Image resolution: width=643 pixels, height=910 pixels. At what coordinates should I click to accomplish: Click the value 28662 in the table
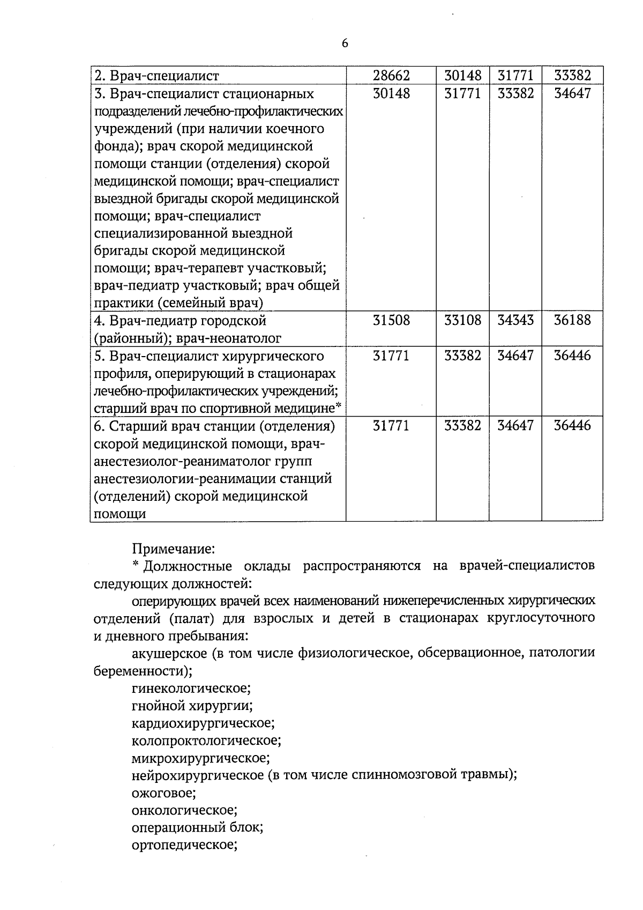click(391, 76)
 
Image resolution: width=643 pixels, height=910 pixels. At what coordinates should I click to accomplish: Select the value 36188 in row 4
click(572, 320)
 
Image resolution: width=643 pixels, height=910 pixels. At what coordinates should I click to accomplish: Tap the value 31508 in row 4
click(391, 320)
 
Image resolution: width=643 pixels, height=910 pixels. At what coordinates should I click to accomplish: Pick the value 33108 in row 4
click(462, 320)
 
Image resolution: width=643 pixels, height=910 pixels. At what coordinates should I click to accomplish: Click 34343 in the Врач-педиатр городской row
click(515, 320)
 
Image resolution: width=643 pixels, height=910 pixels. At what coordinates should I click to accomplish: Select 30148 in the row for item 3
click(391, 93)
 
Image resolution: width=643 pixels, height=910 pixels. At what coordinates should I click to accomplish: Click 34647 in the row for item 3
click(572, 93)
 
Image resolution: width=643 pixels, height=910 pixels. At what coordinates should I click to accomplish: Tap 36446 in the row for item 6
click(572, 426)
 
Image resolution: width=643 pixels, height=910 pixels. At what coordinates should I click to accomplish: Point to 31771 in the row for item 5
click(391, 356)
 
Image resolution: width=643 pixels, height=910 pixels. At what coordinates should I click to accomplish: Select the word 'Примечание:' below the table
click(173, 549)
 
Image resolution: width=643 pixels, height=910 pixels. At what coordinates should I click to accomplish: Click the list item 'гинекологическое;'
click(191, 688)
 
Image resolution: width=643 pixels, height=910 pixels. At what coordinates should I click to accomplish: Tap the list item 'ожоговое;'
click(163, 793)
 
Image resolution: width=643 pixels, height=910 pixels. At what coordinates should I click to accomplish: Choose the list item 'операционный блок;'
click(197, 827)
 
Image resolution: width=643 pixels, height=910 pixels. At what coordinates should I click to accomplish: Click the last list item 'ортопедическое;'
click(184, 845)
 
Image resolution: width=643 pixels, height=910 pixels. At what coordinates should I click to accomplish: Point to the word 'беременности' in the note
click(143, 671)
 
